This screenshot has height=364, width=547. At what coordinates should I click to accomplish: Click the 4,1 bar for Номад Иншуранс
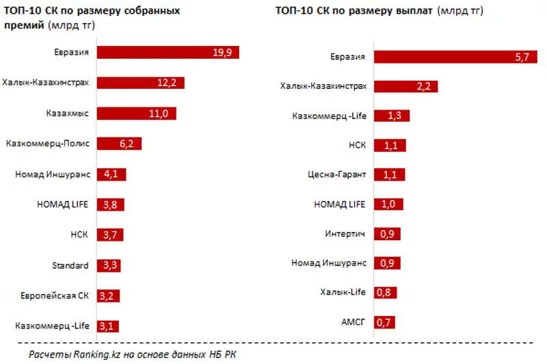pos(111,174)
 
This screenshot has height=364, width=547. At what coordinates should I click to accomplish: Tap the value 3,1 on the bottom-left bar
pos(106,326)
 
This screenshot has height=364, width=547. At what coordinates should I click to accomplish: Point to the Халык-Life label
pos(343,292)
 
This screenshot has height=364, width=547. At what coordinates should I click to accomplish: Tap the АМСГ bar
pos(384,322)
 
